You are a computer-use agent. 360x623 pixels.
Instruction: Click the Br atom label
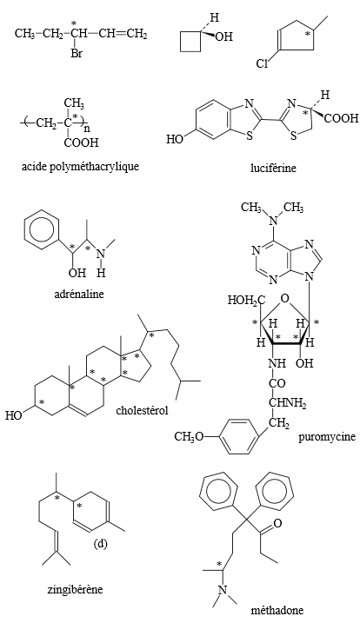click(x=77, y=53)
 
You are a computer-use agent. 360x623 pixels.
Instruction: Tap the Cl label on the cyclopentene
click(x=262, y=64)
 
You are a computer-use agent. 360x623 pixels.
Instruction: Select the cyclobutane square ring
click(x=190, y=42)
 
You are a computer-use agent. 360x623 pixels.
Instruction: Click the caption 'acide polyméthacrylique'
click(x=80, y=166)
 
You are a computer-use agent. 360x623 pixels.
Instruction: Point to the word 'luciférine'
click(x=273, y=168)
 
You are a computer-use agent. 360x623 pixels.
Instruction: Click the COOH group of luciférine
click(x=341, y=118)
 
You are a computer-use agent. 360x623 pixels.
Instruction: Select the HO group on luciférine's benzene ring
click(x=175, y=139)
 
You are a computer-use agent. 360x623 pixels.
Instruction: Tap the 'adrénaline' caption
click(x=79, y=294)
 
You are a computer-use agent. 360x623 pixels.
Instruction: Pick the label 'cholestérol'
click(x=142, y=409)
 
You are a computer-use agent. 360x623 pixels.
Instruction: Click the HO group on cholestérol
click(x=14, y=415)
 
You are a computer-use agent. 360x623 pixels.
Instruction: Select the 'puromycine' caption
click(x=327, y=436)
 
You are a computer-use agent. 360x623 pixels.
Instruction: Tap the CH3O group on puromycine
click(x=189, y=436)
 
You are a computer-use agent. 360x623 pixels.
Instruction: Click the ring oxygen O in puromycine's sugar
click(x=284, y=297)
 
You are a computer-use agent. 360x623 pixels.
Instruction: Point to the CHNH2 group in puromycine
click(x=288, y=403)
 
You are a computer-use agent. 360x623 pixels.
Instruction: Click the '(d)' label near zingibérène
click(x=101, y=544)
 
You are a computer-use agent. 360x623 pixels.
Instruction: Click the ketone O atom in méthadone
click(x=277, y=523)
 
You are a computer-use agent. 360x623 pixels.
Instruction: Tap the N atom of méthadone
click(x=223, y=590)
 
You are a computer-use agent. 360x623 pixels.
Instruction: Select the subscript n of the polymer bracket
click(x=87, y=129)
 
